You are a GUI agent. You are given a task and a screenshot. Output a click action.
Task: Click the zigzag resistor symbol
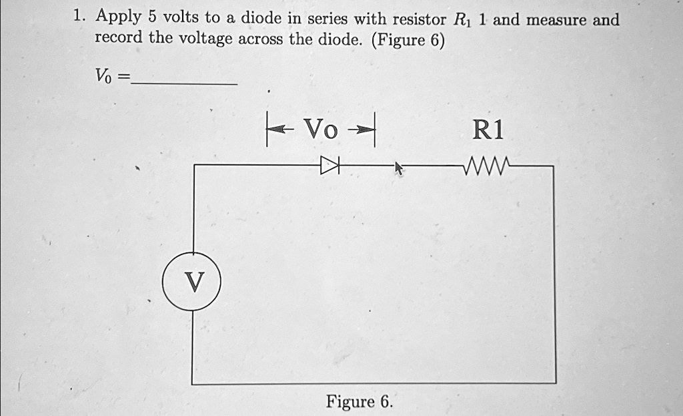[x=488, y=164]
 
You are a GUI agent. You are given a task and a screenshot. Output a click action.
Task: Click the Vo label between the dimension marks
[x=321, y=129]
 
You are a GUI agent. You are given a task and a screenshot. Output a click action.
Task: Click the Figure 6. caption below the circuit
[x=360, y=402]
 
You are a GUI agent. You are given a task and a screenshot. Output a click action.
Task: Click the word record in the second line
[x=118, y=37]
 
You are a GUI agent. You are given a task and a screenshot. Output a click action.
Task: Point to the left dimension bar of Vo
[x=267, y=130]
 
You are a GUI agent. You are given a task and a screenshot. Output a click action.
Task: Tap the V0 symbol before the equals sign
[x=103, y=77]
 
